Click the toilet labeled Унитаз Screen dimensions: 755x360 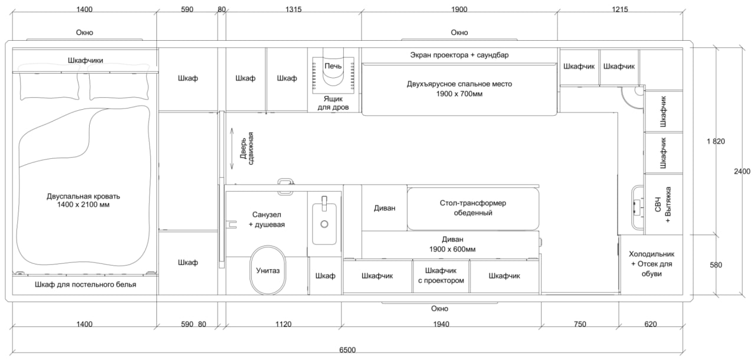pyautogui.click(x=268, y=270)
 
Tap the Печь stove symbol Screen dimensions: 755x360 pyautogui.click(x=333, y=71)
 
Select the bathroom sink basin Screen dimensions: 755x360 pyautogui.click(x=324, y=223)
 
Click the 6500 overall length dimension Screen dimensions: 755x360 pyautogui.click(x=347, y=350)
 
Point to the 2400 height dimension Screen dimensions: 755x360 pyautogui.click(x=742, y=171)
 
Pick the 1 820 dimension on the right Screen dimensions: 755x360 pyautogui.click(x=715, y=141)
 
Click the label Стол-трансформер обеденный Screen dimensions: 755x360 pyautogui.click(x=473, y=208)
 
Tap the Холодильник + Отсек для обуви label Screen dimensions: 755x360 pyautogui.click(x=652, y=264)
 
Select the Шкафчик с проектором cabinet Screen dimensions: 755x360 pyautogui.click(x=441, y=276)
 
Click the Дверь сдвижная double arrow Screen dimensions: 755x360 pyautogui.click(x=232, y=148)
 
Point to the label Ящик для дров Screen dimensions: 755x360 pyautogui.click(x=333, y=103)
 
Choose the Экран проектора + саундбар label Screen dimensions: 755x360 pyautogui.click(x=459, y=55)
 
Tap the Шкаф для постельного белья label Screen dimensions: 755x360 pyautogui.click(x=86, y=284)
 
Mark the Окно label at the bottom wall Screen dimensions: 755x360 pyautogui.click(x=439, y=309)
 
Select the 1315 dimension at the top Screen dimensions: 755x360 pyautogui.click(x=294, y=9)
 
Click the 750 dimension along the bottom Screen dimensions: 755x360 pyautogui.click(x=580, y=324)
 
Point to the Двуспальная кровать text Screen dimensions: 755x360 pyautogui.click(x=83, y=196)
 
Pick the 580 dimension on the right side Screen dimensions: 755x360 pyautogui.click(x=715, y=265)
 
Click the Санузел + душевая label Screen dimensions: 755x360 pyautogui.click(x=267, y=220)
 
